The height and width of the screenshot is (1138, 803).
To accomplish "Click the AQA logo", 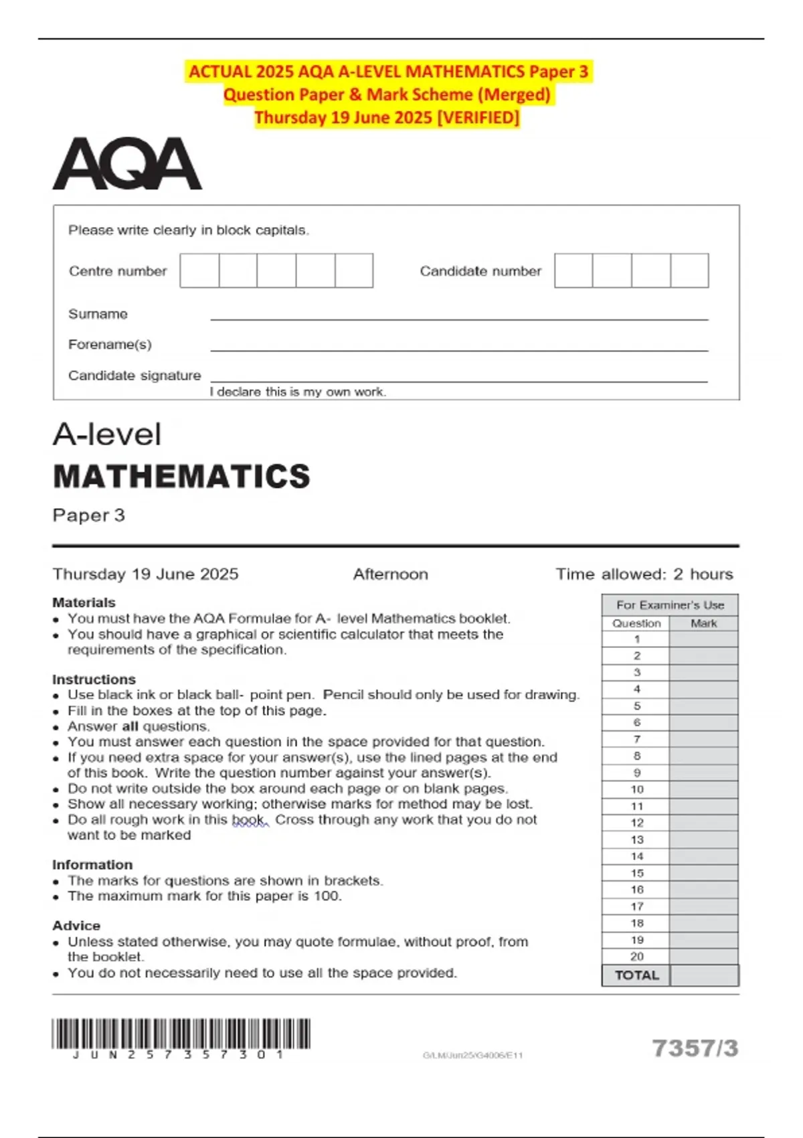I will click(127, 164).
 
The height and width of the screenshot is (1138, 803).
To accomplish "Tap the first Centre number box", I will click(199, 270).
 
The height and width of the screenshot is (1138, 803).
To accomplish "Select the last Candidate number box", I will click(689, 270).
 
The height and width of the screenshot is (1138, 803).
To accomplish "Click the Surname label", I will click(98, 314).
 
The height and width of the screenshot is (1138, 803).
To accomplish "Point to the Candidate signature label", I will click(134, 376).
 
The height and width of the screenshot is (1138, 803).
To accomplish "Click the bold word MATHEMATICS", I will click(181, 477).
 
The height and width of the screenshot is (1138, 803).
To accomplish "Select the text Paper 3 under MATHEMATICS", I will click(88, 515).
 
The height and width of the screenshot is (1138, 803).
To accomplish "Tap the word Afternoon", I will click(390, 574).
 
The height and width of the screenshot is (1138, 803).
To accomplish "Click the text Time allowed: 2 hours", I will click(644, 574).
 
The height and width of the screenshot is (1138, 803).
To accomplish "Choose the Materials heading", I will click(84, 602).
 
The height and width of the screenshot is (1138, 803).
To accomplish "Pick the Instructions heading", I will click(94, 679).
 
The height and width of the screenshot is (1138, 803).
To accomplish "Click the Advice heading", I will click(76, 926).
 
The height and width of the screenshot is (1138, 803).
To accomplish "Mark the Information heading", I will click(92, 865).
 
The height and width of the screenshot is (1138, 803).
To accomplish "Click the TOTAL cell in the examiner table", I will click(636, 975).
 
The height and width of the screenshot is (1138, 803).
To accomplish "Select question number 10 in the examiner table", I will click(636, 789).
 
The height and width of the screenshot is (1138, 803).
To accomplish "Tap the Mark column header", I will click(703, 623).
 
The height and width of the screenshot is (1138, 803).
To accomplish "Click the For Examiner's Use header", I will click(670, 605).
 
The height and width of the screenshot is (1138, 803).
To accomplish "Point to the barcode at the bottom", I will click(181, 1034).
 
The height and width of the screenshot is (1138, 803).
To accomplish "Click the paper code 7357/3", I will click(695, 1048).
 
